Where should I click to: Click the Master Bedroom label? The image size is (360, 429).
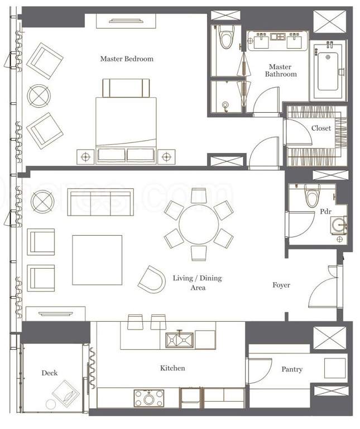click(127, 59)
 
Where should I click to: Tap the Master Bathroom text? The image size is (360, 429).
click(280, 70)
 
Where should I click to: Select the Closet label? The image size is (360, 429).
click(321, 128)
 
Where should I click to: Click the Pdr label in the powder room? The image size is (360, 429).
click(325, 212)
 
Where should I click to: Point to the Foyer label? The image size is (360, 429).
click(281, 285)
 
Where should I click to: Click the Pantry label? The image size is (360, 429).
click(292, 369)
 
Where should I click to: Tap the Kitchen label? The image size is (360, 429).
click(172, 368)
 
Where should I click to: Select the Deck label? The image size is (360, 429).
click(50, 373)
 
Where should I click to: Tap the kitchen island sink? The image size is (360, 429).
click(179, 339)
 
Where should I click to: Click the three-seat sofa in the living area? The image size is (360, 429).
click(100, 202)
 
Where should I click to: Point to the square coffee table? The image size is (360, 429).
click(97, 260)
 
